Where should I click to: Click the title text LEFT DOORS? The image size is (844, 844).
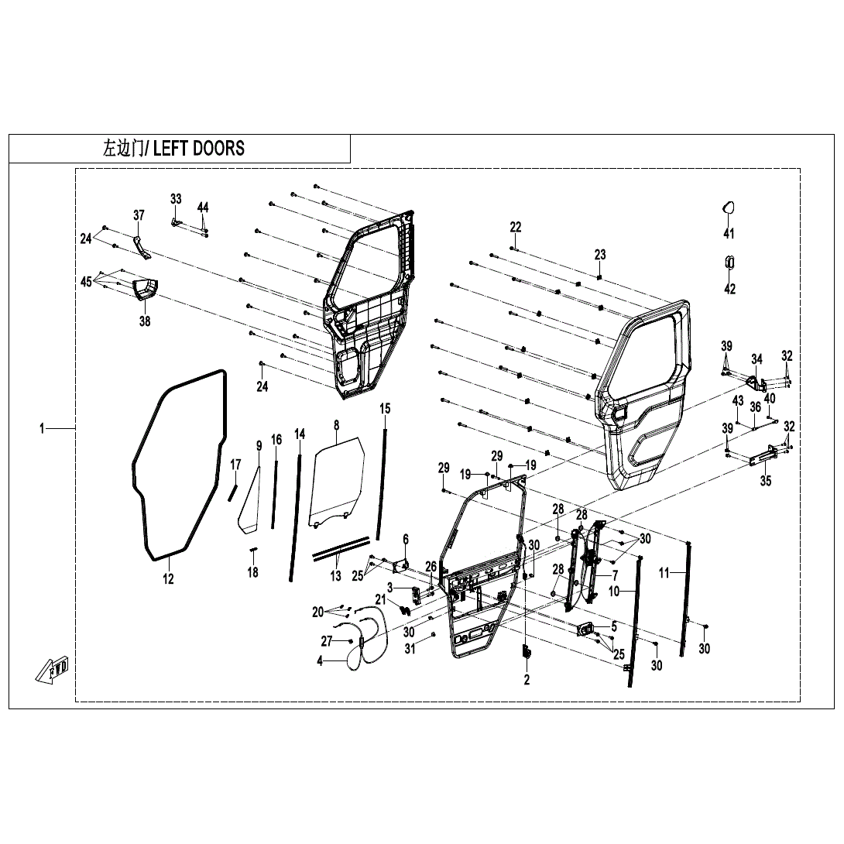(x=198, y=149)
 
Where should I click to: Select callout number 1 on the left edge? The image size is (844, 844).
(x=43, y=428)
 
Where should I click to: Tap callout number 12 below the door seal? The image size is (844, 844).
(x=168, y=578)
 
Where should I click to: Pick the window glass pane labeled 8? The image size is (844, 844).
(x=337, y=480)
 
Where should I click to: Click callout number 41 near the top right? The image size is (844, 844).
(x=729, y=234)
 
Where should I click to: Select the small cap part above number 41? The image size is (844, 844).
(x=729, y=207)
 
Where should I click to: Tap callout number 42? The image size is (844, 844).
(x=729, y=289)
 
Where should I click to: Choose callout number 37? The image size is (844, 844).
(x=139, y=215)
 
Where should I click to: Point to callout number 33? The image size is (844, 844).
(x=176, y=199)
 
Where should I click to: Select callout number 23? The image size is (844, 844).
(x=600, y=255)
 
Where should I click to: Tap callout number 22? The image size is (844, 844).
(x=516, y=227)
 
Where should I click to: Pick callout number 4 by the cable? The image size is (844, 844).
(x=320, y=661)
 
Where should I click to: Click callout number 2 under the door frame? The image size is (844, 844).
(x=527, y=680)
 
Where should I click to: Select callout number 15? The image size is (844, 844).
(x=385, y=408)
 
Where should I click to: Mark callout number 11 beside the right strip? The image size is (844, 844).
(x=664, y=574)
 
